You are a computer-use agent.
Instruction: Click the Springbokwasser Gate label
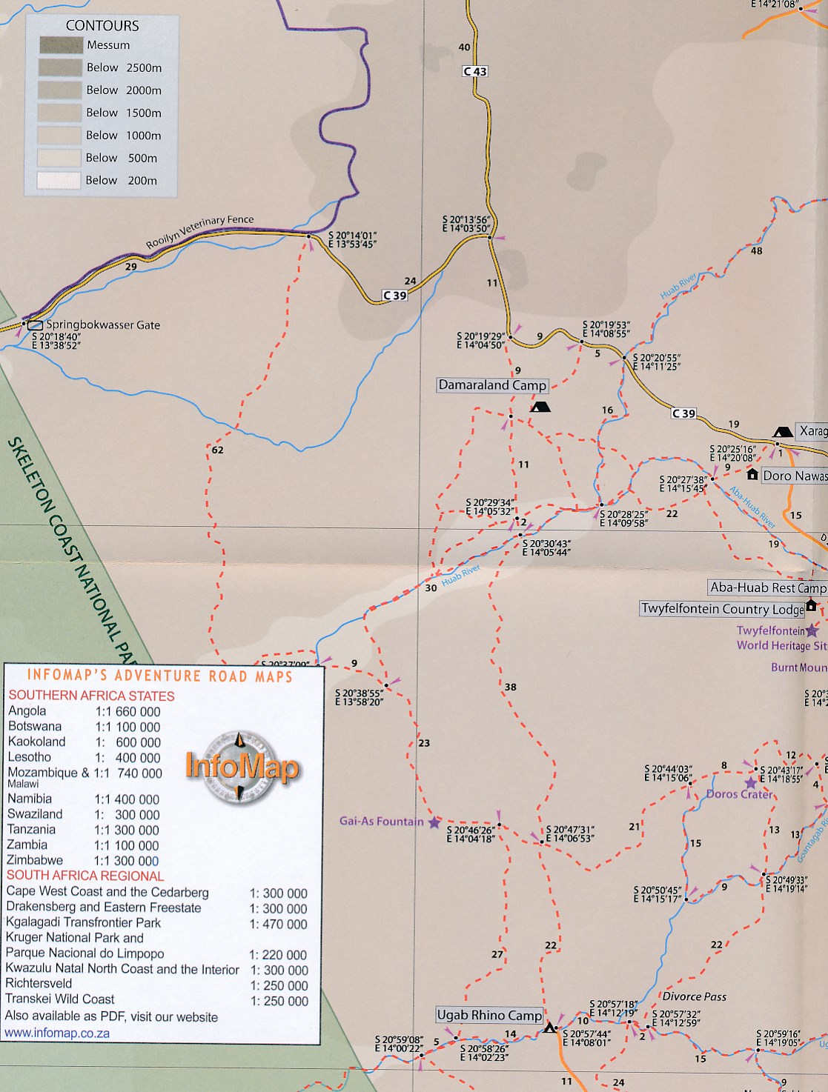103,324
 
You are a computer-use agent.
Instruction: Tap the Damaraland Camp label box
492,385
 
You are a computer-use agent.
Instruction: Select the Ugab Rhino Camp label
489,1015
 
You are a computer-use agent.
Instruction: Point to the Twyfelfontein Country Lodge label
722,609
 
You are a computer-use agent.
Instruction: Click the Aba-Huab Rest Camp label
767,587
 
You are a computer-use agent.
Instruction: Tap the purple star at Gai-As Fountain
434,822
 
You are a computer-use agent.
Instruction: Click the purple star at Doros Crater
751,782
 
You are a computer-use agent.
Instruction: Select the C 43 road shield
475,71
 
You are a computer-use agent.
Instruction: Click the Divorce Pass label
694,996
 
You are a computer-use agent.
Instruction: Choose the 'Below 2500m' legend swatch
61,67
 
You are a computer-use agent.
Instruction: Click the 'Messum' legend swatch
61,45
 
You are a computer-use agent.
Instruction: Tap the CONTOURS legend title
102,26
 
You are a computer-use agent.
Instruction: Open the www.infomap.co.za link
57,1033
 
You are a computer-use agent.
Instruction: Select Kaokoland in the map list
36,742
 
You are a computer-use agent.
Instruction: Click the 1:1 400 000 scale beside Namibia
127,799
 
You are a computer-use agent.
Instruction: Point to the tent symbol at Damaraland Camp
540,407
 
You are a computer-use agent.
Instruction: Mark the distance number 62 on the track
217,450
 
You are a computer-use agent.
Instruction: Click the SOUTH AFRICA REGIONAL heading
85,876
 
